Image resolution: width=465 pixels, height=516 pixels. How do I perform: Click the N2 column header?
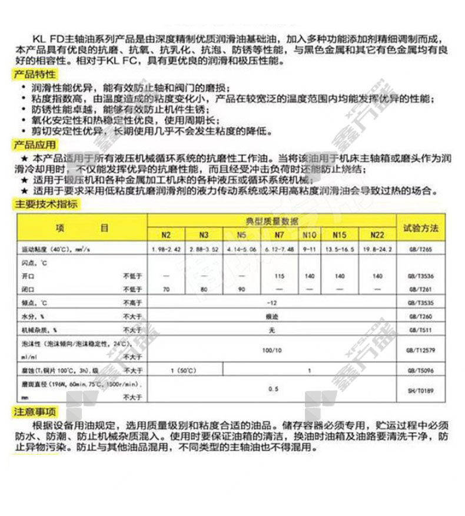[166, 234]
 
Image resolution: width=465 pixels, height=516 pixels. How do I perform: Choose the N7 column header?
[280, 234]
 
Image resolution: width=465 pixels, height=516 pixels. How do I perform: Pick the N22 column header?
[377, 234]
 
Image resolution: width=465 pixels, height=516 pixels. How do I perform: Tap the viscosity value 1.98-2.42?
[166, 250]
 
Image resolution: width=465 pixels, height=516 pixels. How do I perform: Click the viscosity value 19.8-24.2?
[377, 250]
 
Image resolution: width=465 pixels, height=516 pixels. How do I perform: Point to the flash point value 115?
[280, 276]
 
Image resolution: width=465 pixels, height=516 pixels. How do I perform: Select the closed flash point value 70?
[166, 290]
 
